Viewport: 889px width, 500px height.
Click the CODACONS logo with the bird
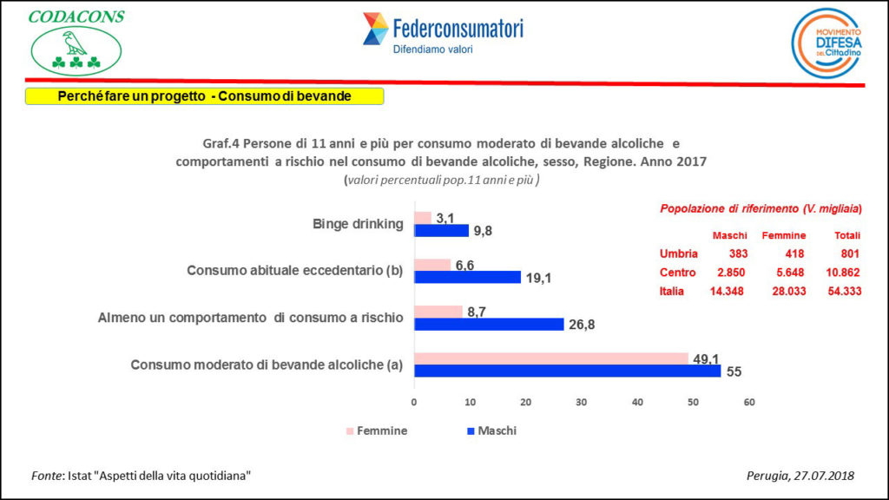coord(76,43)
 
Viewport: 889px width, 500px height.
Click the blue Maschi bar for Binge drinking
coord(441,231)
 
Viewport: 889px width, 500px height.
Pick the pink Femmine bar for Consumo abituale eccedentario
coord(432,265)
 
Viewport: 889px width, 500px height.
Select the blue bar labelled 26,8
coord(489,325)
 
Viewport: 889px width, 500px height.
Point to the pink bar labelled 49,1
coord(551,359)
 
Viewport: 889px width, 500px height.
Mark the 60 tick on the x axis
coord(749,403)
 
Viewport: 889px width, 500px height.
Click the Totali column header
coord(846,235)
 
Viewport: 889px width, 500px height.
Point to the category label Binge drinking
coord(358,224)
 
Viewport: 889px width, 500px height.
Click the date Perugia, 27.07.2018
coord(800,476)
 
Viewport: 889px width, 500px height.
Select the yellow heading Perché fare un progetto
coord(204,96)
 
